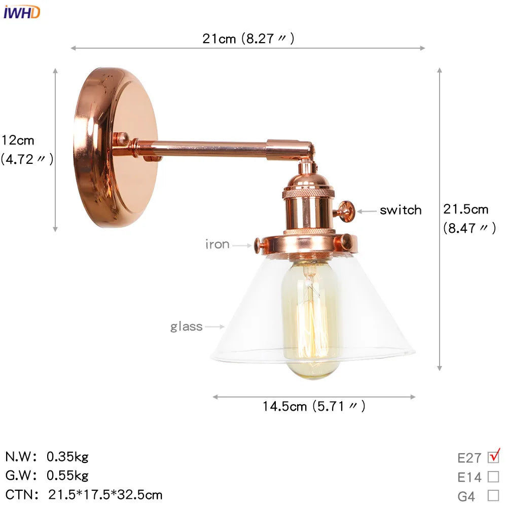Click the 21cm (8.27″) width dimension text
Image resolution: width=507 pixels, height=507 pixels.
click(x=248, y=39)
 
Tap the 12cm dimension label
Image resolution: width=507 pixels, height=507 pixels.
click(x=18, y=140)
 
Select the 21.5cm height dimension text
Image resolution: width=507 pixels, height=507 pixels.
click(x=465, y=209)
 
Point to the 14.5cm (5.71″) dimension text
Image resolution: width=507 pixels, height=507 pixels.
click(x=313, y=406)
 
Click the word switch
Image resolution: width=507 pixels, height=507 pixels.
click(x=401, y=210)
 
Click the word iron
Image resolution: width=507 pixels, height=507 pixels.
click(x=218, y=244)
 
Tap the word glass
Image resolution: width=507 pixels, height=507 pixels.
click(x=186, y=327)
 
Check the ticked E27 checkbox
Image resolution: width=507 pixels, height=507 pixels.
click(x=493, y=457)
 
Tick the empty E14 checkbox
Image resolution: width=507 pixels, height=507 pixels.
click(x=493, y=477)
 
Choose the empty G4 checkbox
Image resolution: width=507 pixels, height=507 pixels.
click(x=493, y=495)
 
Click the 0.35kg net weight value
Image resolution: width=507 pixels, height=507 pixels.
click(x=67, y=457)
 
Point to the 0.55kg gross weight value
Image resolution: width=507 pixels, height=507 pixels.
click(x=67, y=476)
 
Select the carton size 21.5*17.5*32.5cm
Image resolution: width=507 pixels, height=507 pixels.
click(x=105, y=494)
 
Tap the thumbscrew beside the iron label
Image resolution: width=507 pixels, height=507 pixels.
click(x=259, y=245)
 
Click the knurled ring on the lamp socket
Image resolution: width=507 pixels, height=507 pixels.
click(x=308, y=194)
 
